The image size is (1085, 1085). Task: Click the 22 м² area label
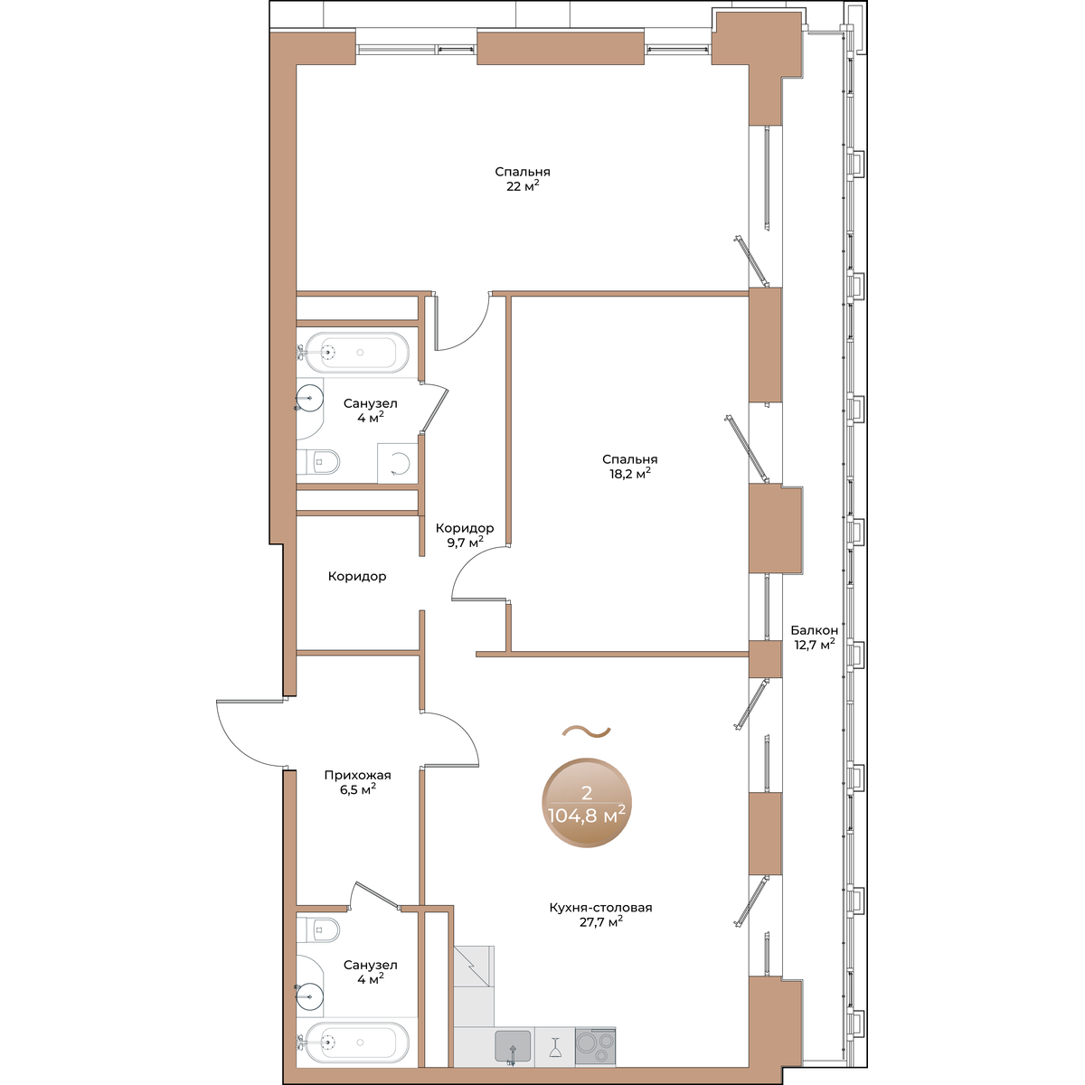[523, 186]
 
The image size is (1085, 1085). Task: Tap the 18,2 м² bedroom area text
[629, 474]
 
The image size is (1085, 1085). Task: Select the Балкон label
[814, 630]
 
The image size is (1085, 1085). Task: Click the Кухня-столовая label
[600, 908]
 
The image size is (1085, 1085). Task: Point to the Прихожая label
[357, 775]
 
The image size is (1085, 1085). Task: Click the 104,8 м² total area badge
[587, 802]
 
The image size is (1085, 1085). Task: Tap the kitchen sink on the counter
[513, 1046]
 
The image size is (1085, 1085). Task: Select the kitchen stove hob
[595, 1046]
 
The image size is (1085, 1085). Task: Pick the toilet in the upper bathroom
[318, 462]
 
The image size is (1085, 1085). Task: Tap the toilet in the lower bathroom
[318, 929]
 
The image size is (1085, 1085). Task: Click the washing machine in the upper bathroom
[398, 463]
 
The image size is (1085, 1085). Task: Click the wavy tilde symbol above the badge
[587, 731]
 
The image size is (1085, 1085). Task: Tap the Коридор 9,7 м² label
[465, 535]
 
